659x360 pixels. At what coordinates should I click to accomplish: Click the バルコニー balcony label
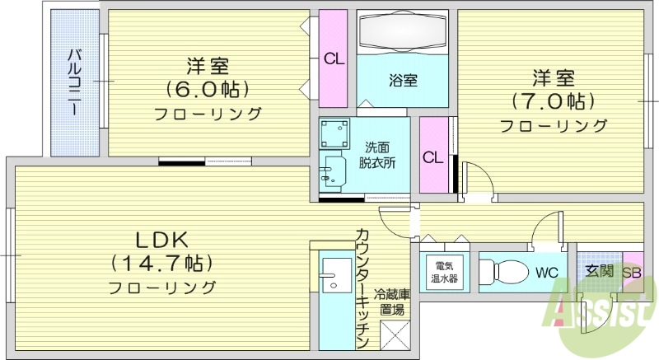click(x=74, y=82)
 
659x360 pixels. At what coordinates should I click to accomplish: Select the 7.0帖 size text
click(x=553, y=101)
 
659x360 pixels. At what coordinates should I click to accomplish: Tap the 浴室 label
click(x=403, y=80)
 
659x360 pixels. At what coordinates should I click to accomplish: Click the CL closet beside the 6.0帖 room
click(x=333, y=58)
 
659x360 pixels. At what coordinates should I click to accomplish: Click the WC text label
click(x=548, y=272)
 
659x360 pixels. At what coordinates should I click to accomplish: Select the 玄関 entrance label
click(x=599, y=271)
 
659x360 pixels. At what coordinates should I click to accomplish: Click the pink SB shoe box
click(x=632, y=272)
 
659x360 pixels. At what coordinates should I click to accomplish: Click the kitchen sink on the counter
click(x=334, y=274)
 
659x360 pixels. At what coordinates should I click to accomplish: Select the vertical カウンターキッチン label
click(x=362, y=288)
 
